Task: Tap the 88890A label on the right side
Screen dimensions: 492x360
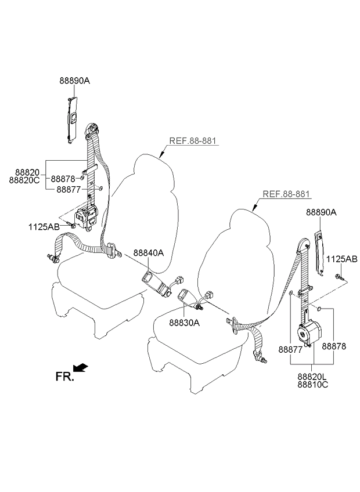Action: coord(321,213)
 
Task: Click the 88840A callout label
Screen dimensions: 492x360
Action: coord(148,253)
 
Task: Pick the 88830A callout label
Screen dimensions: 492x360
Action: coord(185,323)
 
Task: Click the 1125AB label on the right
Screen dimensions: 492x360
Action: coord(341,259)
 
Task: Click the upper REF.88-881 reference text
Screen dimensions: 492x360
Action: coord(195,141)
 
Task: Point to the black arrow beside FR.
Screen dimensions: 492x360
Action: coord(81,367)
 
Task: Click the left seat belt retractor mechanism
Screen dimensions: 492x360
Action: coord(89,216)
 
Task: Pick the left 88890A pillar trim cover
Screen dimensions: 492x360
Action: coord(72,118)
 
